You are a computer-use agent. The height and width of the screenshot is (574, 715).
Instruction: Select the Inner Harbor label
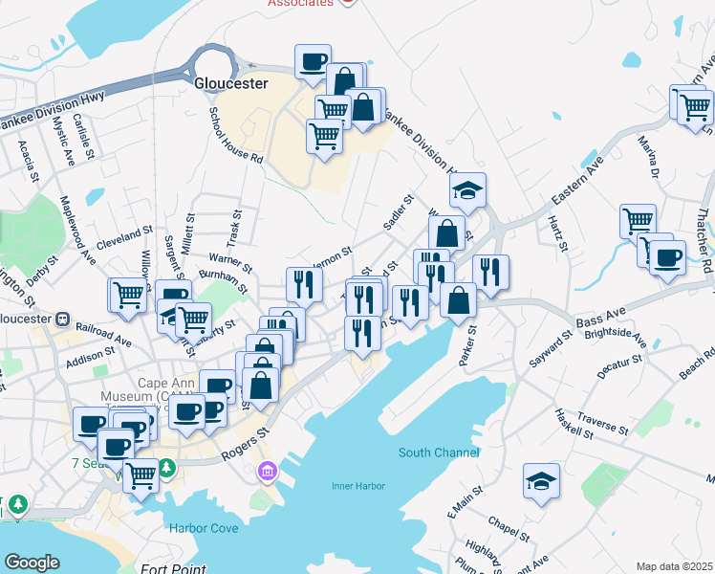click(358, 486)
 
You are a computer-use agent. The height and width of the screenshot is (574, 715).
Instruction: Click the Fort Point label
click(169, 567)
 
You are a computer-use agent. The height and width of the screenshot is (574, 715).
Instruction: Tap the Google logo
click(32, 563)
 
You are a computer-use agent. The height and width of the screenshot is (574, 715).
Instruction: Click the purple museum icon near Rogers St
click(268, 472)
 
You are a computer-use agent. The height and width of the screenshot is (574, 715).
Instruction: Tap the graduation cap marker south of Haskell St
click(542, 481)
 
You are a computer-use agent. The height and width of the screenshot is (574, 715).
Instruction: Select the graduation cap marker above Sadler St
click(467, 190)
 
